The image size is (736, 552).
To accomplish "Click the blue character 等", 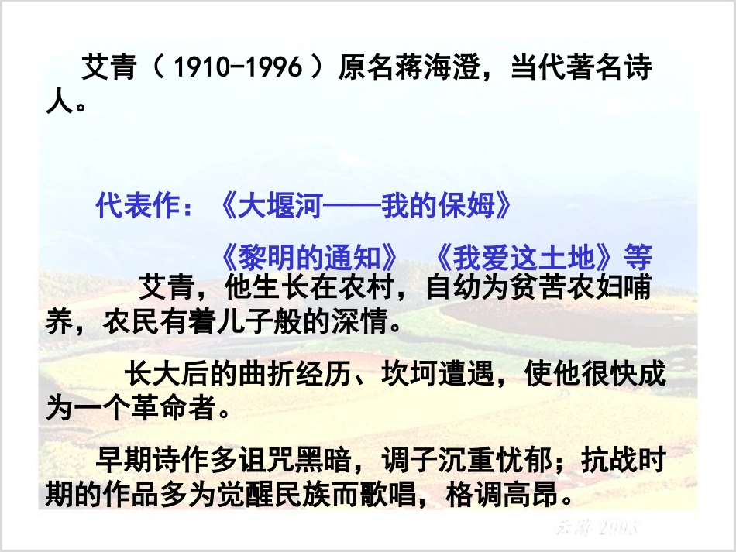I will (639, 256).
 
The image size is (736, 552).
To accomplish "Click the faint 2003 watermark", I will (615, 528).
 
